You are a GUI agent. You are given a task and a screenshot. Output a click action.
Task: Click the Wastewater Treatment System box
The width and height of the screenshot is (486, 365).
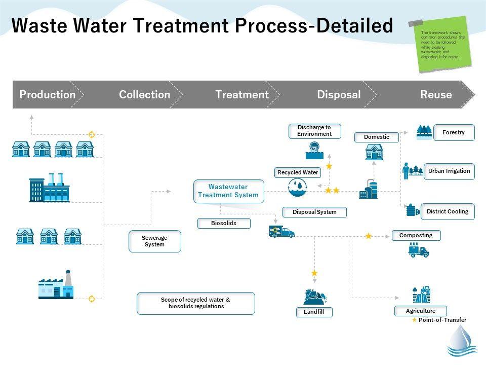[x=229, y=191]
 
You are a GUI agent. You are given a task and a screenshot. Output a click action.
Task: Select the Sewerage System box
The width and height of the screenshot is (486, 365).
[x=154, y=241]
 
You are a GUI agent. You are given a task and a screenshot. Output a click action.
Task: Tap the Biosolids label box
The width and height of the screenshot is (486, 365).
[x=224, y=223]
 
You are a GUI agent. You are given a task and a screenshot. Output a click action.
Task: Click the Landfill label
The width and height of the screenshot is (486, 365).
[x=314, y=312]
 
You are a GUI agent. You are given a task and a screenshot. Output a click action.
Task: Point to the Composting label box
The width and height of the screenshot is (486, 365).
[x=416, y=235]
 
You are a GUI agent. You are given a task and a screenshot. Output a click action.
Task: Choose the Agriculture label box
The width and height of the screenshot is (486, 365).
[x=420, y=311]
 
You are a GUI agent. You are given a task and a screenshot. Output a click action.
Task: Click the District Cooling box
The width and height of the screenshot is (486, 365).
[x=448, y=211]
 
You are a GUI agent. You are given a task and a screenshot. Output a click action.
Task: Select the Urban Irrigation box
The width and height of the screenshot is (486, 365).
[x=449, y=171]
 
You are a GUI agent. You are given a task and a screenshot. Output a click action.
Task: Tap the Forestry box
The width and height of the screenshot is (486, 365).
[x=454, y=132]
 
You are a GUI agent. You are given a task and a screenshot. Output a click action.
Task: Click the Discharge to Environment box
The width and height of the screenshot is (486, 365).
[x=314, y=131]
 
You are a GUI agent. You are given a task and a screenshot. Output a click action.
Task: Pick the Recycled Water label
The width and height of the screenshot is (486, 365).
[x=298, y=172]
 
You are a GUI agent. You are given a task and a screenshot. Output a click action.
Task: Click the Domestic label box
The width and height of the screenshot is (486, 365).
[x=377, y=137]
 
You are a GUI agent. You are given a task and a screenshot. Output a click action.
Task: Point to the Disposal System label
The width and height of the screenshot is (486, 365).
[x=314, y=212]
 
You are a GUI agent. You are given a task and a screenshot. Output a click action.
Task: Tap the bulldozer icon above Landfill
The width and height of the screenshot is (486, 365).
[x=314, y=296]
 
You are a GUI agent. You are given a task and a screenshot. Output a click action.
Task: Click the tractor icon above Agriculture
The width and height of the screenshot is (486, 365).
[x=421, y=294]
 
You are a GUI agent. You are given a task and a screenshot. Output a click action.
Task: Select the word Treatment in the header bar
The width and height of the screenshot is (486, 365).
[x=241, y=94]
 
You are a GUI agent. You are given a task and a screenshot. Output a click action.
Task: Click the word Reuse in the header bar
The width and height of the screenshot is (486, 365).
[x=436, y=94]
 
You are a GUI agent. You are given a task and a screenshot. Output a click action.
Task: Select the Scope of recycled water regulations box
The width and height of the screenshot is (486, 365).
[x=195, y=303]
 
